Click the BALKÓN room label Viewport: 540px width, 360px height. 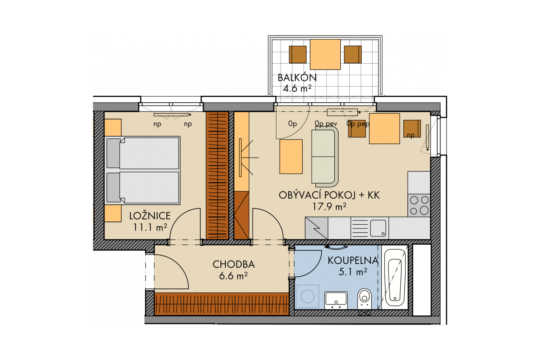pos(297,77)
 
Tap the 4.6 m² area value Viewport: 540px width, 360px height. pos(297,88)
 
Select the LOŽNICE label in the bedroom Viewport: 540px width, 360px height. pos(150,216)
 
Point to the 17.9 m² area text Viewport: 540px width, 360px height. pos(329,206)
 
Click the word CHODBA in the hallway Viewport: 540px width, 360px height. pos(233,264)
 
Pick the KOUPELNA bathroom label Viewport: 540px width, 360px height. pos(353,261)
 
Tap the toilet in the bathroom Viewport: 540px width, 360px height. pos(365,298)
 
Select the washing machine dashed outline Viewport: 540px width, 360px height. pos(307,296)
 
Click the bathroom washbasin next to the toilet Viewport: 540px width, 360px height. pos(336,300)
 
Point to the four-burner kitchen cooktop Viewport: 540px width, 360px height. pos(419,205)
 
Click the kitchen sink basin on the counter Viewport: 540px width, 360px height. pos(378,228)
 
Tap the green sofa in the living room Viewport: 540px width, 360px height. pos(325,157)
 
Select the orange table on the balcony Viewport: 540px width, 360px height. pos(325,54)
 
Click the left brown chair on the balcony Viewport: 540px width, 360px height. pos(298,54)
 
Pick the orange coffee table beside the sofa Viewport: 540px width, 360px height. pos(291,156)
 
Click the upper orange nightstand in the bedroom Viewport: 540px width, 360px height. pos(113,128)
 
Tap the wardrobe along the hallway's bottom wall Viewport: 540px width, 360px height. pos(221,304)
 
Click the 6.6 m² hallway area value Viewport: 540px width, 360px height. pos(233,276)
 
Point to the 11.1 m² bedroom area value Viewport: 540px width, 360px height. pos(150,227)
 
